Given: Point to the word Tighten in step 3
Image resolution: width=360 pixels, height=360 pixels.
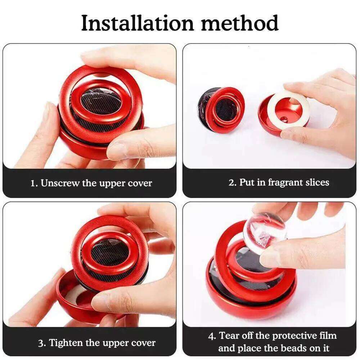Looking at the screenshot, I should [67, 342].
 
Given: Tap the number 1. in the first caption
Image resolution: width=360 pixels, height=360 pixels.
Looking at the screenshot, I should [34, 183].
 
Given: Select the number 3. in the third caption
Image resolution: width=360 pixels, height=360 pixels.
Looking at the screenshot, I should [42, 342].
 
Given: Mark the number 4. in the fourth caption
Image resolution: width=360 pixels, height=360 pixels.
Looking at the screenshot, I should [212, 336].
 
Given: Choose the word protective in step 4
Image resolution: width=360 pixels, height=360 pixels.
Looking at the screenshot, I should [295, 336].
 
